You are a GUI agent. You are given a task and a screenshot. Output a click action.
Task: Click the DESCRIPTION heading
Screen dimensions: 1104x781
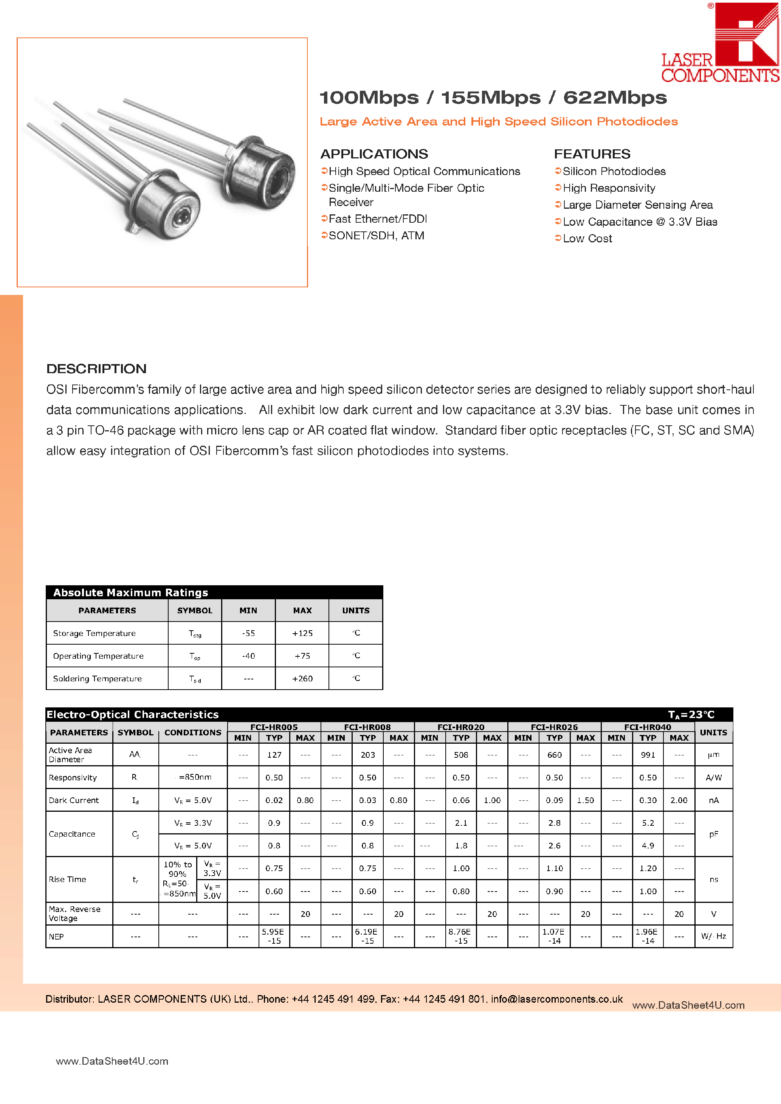point(96,369)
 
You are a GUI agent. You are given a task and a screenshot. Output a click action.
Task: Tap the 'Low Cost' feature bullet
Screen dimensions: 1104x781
point(587,239)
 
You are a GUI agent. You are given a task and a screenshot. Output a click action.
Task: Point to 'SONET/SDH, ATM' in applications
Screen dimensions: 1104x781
point(376,236)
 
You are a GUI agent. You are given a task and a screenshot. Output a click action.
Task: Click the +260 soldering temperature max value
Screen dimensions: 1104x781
point(302,678)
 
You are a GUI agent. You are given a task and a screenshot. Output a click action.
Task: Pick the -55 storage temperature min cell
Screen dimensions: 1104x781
point(248,633)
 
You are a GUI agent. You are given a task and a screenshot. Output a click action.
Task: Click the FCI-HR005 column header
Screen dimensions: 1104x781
point(274,727)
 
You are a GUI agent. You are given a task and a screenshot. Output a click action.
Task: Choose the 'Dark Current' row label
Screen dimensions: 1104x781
point(74,800)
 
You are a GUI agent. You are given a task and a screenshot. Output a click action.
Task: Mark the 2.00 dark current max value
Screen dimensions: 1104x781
point(679,800)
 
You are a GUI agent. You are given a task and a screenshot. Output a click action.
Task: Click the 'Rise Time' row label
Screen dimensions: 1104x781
point(67,879)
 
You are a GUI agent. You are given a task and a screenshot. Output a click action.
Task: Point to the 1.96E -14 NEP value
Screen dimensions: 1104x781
point(647,936)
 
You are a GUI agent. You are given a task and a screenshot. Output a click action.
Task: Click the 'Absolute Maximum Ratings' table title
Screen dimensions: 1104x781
point(130,592)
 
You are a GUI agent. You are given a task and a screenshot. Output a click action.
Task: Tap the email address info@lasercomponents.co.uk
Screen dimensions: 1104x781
point(556,999)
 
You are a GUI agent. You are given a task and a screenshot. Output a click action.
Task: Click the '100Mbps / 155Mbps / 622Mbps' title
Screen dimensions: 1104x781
point(493,98)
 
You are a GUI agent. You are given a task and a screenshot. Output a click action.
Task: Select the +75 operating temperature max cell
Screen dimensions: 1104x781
point(302,656)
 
